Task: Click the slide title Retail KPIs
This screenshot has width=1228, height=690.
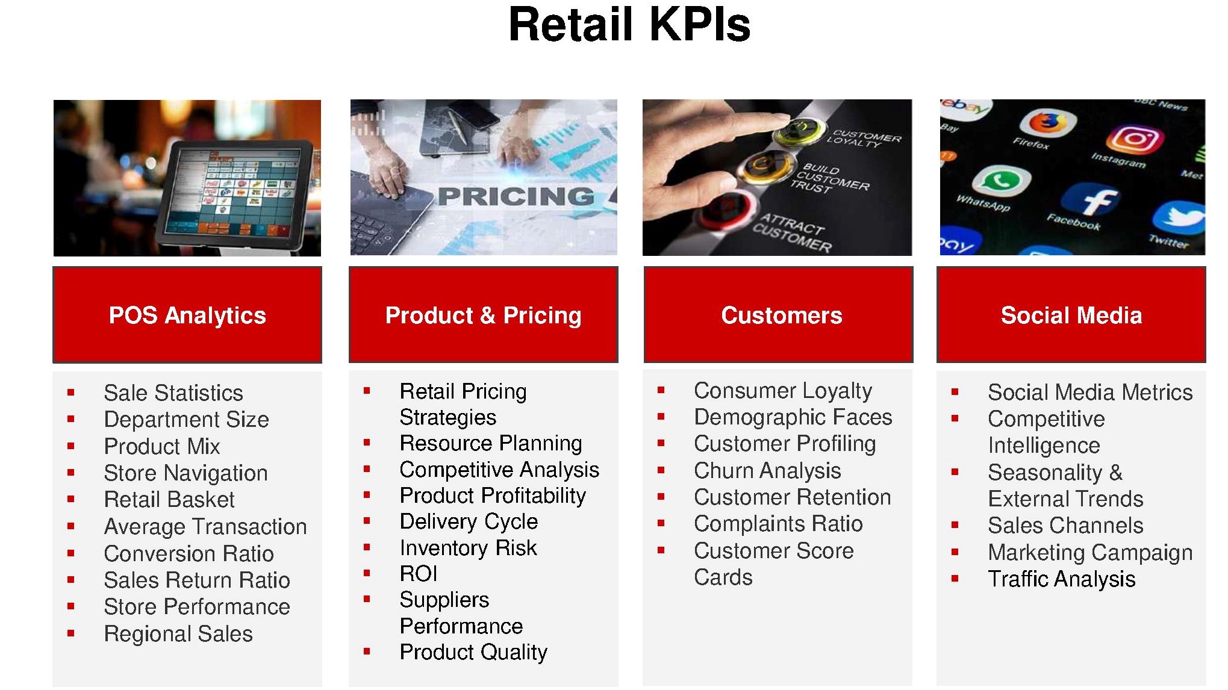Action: (x=629, y=25)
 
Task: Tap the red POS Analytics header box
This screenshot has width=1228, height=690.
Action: (x=187, y=315)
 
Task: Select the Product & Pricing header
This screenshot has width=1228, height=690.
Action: (x=484, y=315)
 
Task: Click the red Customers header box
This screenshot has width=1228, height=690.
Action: (x=778, y=315)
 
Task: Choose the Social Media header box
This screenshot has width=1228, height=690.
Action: (x=1071, y=315)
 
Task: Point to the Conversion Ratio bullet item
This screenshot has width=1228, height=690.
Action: (x=189, y=553)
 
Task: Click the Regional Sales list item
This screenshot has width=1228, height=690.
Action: (x=178, y=633)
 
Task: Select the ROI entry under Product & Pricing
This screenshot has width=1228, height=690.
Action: (x=419, y=574)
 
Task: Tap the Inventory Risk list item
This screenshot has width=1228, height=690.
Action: (x=468, y=547)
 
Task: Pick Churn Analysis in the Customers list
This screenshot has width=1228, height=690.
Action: (x=767, y=470)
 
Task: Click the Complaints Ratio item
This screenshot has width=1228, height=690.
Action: (x=778, y=524)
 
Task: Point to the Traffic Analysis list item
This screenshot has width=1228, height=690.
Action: (x=1062, y=579)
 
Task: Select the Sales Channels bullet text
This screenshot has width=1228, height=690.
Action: (x=1065, y=525)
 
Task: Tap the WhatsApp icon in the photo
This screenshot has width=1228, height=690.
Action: (x=1001, y=179)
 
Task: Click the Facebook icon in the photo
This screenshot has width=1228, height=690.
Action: (x=1090, y=200)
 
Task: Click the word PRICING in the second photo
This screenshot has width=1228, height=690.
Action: (x=516, y=196)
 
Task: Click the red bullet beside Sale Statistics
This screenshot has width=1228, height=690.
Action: (x=71, y=393)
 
